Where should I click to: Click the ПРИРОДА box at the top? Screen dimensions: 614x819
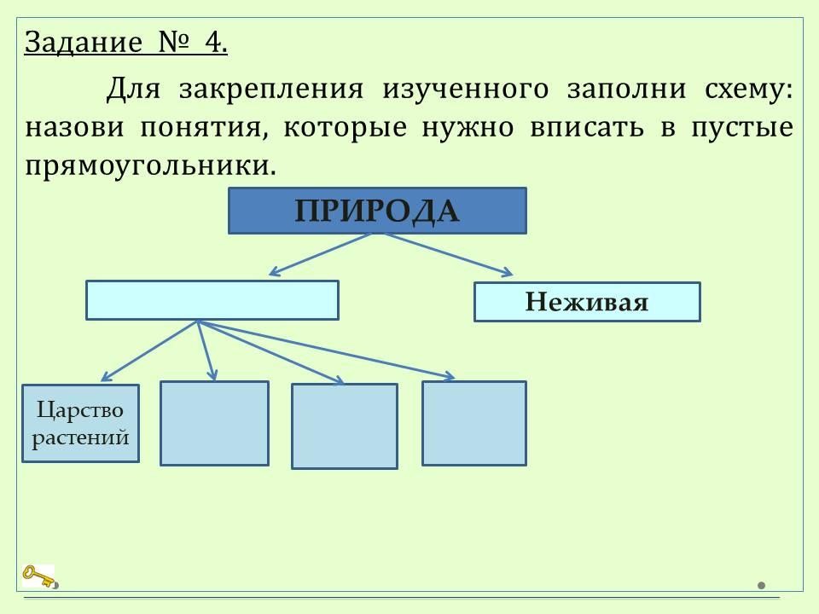(x=377, y=211)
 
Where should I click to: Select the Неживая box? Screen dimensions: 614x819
(x=587, y=302)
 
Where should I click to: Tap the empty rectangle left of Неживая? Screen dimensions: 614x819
(x=212, y=300)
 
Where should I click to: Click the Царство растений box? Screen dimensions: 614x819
(x=80, y=423)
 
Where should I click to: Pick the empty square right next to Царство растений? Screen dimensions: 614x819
(x=214, y=423)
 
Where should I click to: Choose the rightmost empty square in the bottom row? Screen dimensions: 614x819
(x=473, y=423)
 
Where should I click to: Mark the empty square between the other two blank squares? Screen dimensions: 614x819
(x=345, y=426)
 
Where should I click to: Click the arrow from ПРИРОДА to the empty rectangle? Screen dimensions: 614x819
(x=320, y=255)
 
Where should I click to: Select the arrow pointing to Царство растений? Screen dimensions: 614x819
(x=149, y=350)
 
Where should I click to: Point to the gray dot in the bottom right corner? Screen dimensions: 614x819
(x=762, y=586)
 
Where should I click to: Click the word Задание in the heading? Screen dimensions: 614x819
(x=82, y=42)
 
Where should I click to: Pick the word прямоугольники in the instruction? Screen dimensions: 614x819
(x=151, y=165)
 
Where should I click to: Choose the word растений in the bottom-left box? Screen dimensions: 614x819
(x=80, y=437)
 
